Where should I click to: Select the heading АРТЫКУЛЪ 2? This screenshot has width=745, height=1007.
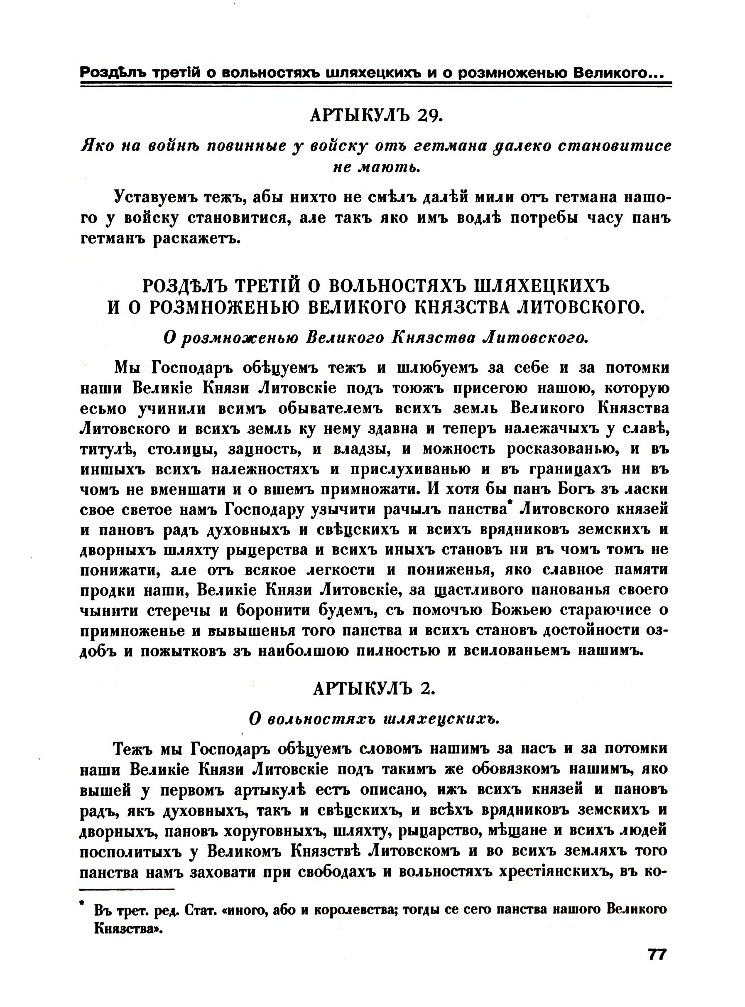click(x=373, y=688)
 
